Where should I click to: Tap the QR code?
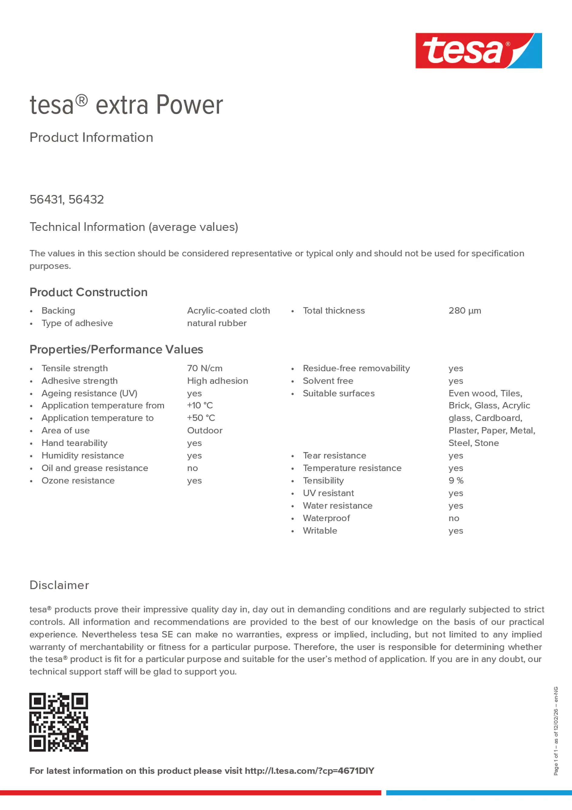point(59,722)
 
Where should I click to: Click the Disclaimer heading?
point(59,585)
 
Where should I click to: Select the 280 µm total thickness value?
point(464,311)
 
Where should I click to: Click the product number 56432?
point(86,199)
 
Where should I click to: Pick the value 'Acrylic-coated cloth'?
point(228,311)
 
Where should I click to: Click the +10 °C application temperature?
point(200,405)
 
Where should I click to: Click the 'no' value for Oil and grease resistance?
point(192,468)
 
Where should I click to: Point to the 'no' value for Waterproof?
point(453,518)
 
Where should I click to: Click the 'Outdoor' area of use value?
point(205,430)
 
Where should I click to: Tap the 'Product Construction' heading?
point(89,292)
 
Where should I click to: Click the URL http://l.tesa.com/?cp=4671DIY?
point(309,771)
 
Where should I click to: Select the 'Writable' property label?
point(320,531)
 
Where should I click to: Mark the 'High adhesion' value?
point(217,381)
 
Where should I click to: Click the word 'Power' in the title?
point(189,105)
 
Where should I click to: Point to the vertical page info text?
point(556,731)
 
